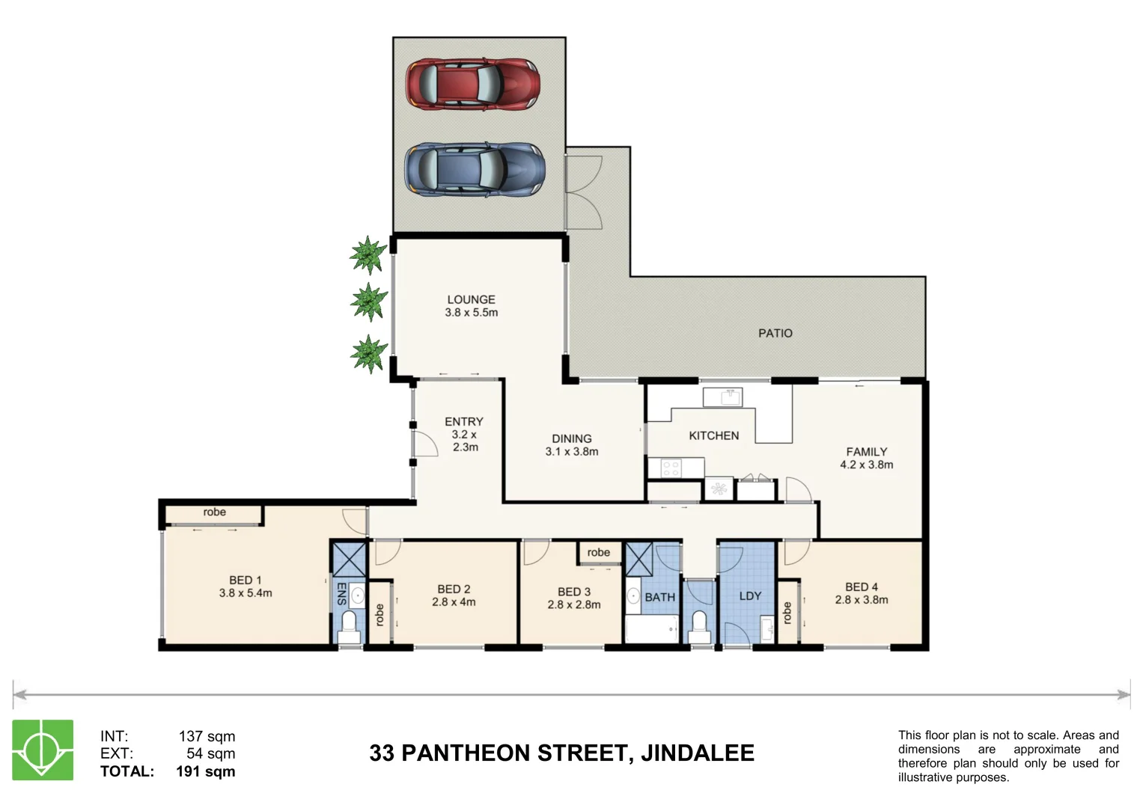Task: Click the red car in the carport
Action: pyautogui.click(x=472, y=84)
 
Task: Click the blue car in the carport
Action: pyautogui.click(x=475, y=171)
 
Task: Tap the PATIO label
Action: pyautogui.click(x=775, y=333)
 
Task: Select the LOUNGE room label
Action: pyautogui.click(x=471, y=299)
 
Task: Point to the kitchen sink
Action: pyautogui.click(x=722, y=397)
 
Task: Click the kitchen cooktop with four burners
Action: pyautogui.click(x=671, y=469)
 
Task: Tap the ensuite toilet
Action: pyautogui.click(x=349, y=625)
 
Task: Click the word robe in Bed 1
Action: pyautogui.click(x=214, y=512)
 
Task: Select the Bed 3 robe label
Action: pyautogui.click(x=598, y=553)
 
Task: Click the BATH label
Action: pyautogui.click(x=659, y=597)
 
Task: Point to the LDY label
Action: pyautogui.click(x=749, y=596)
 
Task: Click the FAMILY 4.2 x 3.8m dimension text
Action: pyautogui.click(x=866, y=465)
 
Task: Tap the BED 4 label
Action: pyautogui.click(x=861, y=587)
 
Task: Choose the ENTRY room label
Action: pyautogui.click(x=463, y=422)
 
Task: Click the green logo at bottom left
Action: pyautogui.click(x=43, y=750)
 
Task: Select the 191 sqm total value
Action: pyautogui.click(x=205, y=771)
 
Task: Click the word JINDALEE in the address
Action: pyautogui.click(x=697, y=753)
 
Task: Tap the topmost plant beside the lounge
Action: pyautogui.click(x=368, y=254)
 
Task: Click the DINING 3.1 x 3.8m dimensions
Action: pyautogui.click(x=571, y=452)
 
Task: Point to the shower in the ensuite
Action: pyautogui.click(x=348, y=559)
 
